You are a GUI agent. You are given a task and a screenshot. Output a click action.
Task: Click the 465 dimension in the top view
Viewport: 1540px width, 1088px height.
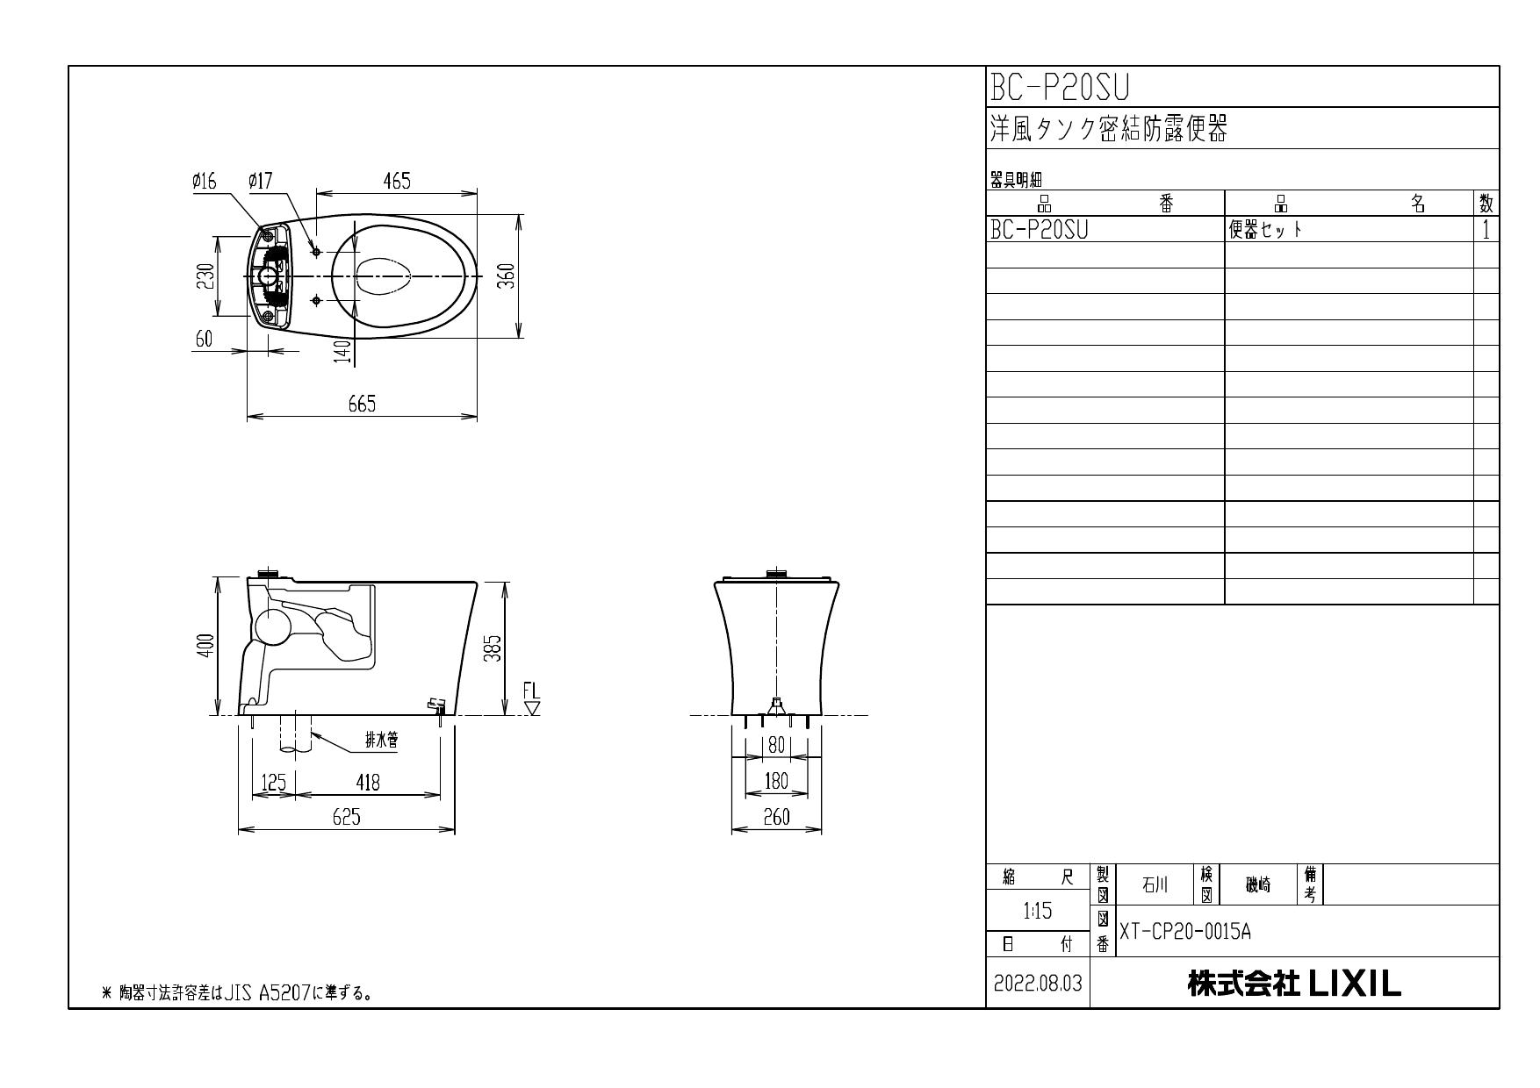pyautogui.click(x=396, y=181)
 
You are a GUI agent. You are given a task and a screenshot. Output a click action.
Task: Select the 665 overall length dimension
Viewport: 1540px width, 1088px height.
pyautogui.click(x=361, y=404)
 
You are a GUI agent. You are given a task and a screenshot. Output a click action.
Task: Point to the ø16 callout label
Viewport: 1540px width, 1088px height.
pyautogui.click(x=205, y=181)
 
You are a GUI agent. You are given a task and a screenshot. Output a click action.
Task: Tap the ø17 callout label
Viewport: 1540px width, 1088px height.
pyautogui.click(x=261, y=181)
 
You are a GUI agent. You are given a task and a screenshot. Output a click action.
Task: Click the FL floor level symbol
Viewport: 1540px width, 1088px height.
pyautogui.click(x=532, y=699)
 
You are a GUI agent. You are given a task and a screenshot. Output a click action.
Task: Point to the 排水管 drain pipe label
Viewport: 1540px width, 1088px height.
pyautogui.click(x=381, y=741)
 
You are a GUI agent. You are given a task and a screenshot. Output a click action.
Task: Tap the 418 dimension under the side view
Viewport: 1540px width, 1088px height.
pyautogui.click(x=368, y=782)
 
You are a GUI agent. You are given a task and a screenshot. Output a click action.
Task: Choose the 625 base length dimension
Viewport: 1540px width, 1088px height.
pyautogui.click(x=346, y=817)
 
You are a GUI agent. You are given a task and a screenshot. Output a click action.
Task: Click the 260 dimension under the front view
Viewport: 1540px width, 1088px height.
pyautogui.click(x=776, y=817)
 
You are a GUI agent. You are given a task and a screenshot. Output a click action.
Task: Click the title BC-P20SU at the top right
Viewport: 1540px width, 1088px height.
pyautogui.click(x=1059, y=87)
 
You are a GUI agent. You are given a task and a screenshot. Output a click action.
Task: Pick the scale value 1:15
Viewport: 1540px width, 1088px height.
pyautogui.click(x=1038, y=912)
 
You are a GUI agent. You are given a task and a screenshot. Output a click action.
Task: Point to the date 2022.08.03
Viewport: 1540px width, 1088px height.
pyautogui.click(x=1038, y=984)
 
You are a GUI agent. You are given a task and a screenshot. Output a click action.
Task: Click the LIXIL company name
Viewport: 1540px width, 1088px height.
pyautogui.click(x=1294, y=984)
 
